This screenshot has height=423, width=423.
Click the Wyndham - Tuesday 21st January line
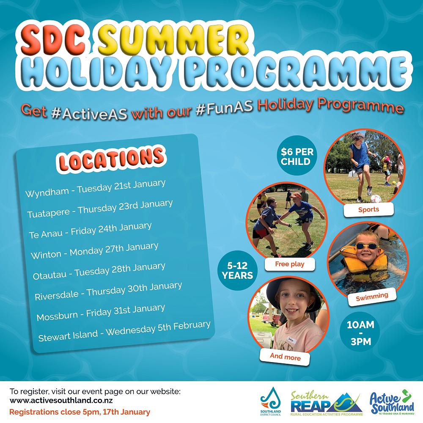click(95, 189)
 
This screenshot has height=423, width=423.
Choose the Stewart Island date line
click(124, 331)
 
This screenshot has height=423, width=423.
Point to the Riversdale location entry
click(108, 291)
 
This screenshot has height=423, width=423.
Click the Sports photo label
click(368, 209)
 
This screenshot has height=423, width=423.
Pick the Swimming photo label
click(372, 297)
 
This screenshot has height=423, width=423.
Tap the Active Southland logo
click(391, 402)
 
